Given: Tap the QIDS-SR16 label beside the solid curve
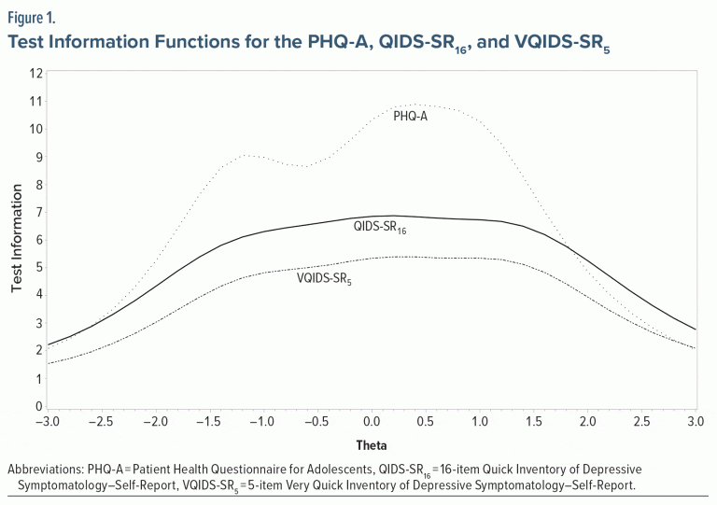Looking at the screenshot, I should click(378, 227).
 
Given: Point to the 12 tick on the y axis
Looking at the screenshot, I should click(36, 73).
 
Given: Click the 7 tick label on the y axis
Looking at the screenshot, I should click(37, 212).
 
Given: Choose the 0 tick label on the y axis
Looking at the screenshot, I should click(38, 407).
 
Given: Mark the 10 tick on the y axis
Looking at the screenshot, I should click(36, 129).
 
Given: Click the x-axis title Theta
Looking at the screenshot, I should click(371, 446).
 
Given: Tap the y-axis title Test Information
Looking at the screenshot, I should click(17, 239).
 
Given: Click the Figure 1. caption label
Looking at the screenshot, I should click(31, 16).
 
